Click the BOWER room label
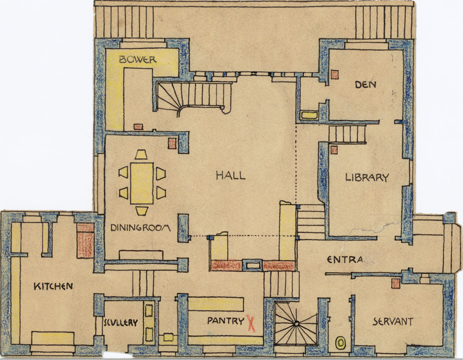coord(138,59)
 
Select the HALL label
coord(231,176)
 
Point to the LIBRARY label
coord(367,177)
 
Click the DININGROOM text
coord(140,228)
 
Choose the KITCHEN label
coord(53,286)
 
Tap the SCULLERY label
coord(121,323)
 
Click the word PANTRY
coord(226,321)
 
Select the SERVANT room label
coord(393,322)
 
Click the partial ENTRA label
coord(345,260)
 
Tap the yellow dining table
coord(142,183)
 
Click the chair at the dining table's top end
coord(141,155)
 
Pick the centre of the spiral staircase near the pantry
coord(296,324)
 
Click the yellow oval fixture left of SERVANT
coord(340,342)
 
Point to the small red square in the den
coord(335,74)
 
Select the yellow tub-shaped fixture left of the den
coord(309,115)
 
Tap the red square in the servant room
coord(396,283)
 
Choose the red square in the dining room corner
coord(172,143)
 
